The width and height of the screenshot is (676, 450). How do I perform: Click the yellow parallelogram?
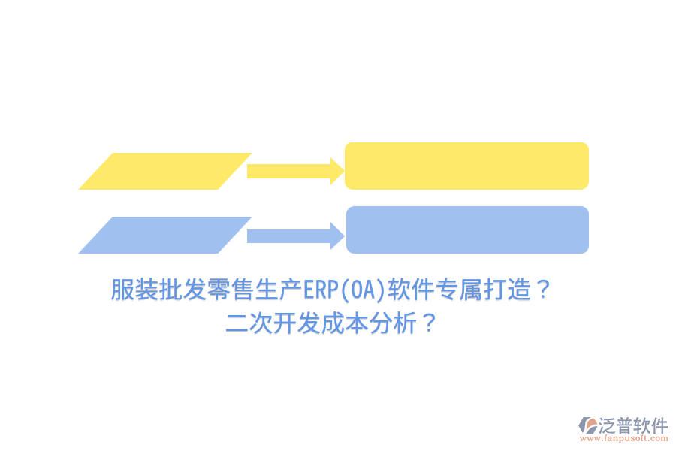click(x=165, y=171)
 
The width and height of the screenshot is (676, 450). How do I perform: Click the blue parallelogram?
click(x=165, y=235)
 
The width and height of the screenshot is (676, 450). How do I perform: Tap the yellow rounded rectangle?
click(x=466, y=166)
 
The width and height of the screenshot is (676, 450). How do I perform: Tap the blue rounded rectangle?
click(x=466, y=229)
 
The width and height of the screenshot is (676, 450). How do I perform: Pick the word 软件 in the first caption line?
click(x=410, y=289)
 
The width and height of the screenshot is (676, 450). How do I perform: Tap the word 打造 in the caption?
click(x=506, y=289)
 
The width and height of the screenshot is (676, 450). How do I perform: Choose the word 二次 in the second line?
click(x=249, y=325)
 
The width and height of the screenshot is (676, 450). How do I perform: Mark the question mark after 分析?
click(x=430, y=325)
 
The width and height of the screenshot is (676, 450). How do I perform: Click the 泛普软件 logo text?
click(x=633, y=425)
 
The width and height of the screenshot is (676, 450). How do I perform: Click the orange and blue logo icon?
click(x=587, y=427)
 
